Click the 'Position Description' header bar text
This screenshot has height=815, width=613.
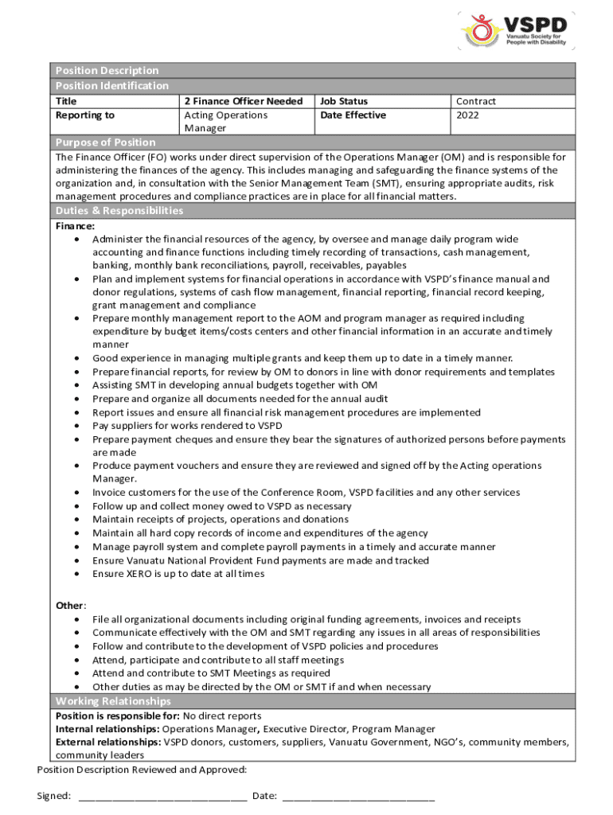click(107, 71)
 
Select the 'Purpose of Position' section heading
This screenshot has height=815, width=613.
click(105, 142)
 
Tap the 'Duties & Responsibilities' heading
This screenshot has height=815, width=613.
click(119, 211)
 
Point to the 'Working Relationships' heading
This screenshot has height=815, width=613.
click(112, 701)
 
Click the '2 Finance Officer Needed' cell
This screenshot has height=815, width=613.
click(243, 102)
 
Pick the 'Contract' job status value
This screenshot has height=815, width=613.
click(475, 102)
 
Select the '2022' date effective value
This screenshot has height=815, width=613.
click(468, 115)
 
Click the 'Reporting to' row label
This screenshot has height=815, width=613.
click(84, 115)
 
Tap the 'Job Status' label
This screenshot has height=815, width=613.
click(344, 102)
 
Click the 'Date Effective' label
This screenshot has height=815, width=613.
click(353, 115)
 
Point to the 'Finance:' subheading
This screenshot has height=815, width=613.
click(75, 226)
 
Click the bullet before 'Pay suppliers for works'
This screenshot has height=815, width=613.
click(76, 426)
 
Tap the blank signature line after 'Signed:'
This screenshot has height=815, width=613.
click(162, 795)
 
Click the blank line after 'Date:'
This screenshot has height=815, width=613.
click(358, 795)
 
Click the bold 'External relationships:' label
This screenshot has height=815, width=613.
click(108, 743)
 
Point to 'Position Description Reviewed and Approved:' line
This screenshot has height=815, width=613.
click(142, 770)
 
